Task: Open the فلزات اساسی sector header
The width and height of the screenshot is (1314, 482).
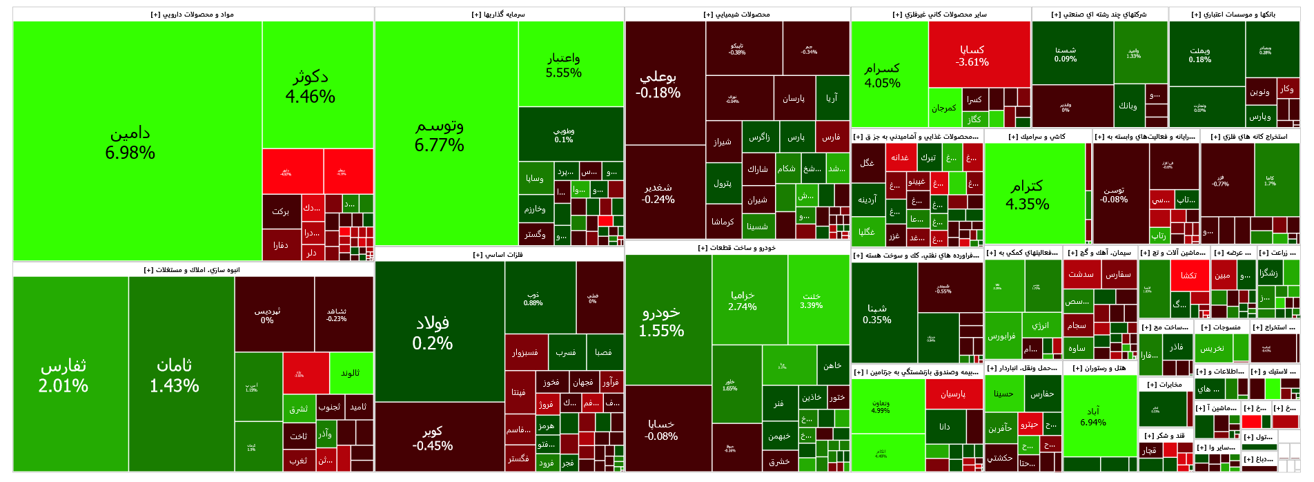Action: click(498, 255)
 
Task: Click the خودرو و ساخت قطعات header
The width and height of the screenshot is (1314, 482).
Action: click(737, 248)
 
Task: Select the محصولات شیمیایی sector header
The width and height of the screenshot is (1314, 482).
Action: click(737, 15)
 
